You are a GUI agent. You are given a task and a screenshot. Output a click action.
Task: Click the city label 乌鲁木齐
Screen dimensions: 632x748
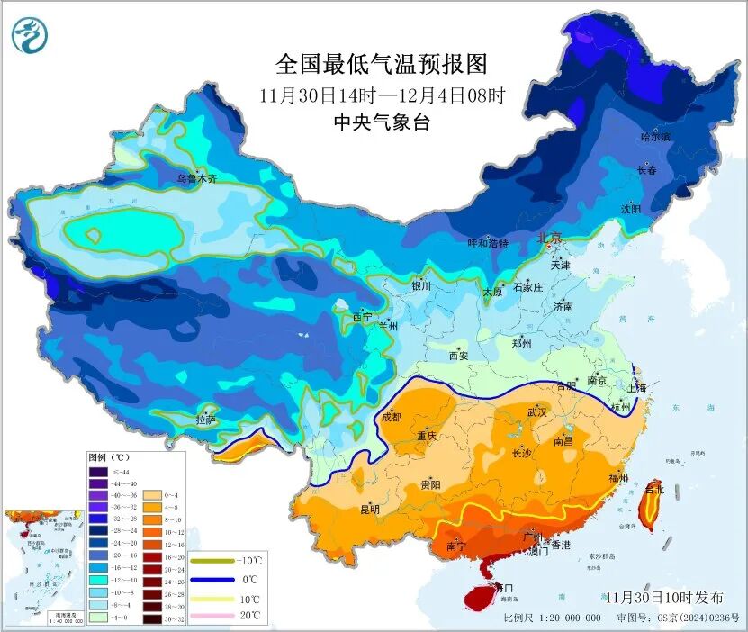click(x=196, y=179)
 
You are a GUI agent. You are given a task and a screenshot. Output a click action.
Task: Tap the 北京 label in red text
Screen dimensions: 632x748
click(x=549, y=239)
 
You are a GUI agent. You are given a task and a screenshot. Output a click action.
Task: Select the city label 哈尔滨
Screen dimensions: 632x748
click(x=655, y=137)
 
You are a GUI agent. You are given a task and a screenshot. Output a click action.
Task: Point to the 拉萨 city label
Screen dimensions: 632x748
click(x=206, y=420)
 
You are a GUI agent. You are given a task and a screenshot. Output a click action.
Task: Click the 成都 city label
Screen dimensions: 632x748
click(x=392, y=417)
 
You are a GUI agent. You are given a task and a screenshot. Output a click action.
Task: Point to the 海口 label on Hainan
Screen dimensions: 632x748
click(x=491, y=586)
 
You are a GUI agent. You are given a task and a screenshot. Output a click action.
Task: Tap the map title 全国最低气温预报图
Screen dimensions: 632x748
click(x=381, y=64)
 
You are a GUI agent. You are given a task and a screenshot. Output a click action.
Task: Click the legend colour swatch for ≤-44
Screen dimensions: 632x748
click(x=98, y=472)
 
